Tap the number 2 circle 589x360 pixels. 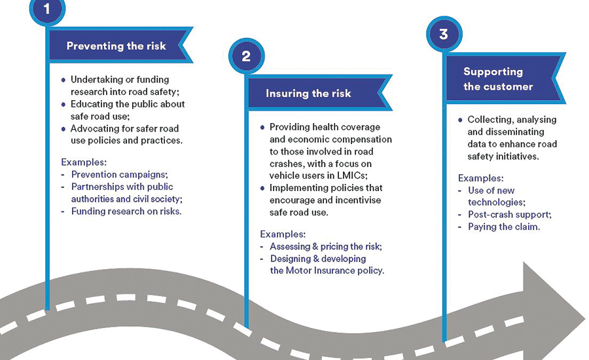point(246,56)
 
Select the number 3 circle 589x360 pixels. point(444,34)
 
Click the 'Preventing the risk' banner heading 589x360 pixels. point(116,46)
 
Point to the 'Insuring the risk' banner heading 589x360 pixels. point(308,94)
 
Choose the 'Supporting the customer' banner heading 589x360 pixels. point(498,79)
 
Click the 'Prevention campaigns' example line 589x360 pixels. point(119,175)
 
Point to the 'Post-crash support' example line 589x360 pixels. point(509,215)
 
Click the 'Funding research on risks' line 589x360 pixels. point(126,211)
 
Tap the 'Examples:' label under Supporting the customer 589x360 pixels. point(480,178)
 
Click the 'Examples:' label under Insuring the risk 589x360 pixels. point(283,234)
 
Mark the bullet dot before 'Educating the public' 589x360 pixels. point(64,104)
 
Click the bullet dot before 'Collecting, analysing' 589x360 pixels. point(461,120)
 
